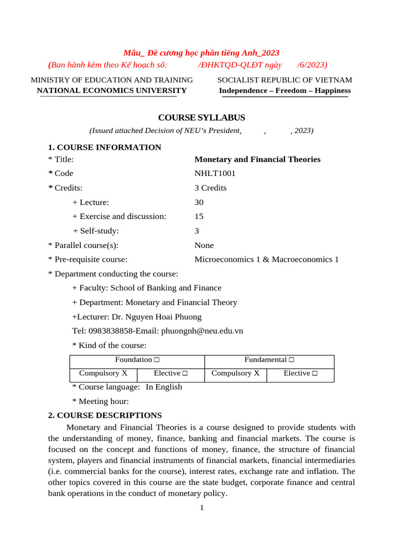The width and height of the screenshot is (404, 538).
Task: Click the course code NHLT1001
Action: tap(215, 173)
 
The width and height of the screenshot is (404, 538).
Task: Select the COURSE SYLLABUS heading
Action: tap(195, 118)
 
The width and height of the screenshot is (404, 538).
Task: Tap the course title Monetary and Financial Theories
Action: tap(257, 159)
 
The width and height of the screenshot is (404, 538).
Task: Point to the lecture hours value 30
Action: tap(199, 202)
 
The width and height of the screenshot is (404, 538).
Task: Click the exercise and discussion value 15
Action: tap(199, 216)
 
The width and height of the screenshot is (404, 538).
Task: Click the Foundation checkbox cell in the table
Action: tap(137, 360)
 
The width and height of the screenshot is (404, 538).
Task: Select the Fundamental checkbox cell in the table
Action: tap(269, 360)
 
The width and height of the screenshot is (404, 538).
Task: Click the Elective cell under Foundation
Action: tap(170, 374)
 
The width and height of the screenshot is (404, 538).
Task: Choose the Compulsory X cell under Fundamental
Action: tap(235, 374)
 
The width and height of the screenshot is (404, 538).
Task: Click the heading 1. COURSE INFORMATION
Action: tap(105, 147)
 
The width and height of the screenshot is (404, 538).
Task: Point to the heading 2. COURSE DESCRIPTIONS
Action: tap(105, 415)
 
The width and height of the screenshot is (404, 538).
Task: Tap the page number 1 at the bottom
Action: tap(201, 508)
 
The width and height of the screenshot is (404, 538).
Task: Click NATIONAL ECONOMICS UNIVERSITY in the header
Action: tap(112, 90)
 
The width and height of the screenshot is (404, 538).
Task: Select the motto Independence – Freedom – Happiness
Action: tap(285, 90)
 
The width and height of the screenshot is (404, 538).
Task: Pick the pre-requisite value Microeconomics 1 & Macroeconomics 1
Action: tap(267, 260)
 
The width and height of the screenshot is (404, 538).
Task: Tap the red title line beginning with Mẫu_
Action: tap(201, 53)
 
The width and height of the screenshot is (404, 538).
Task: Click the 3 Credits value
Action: tap(210, 188)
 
